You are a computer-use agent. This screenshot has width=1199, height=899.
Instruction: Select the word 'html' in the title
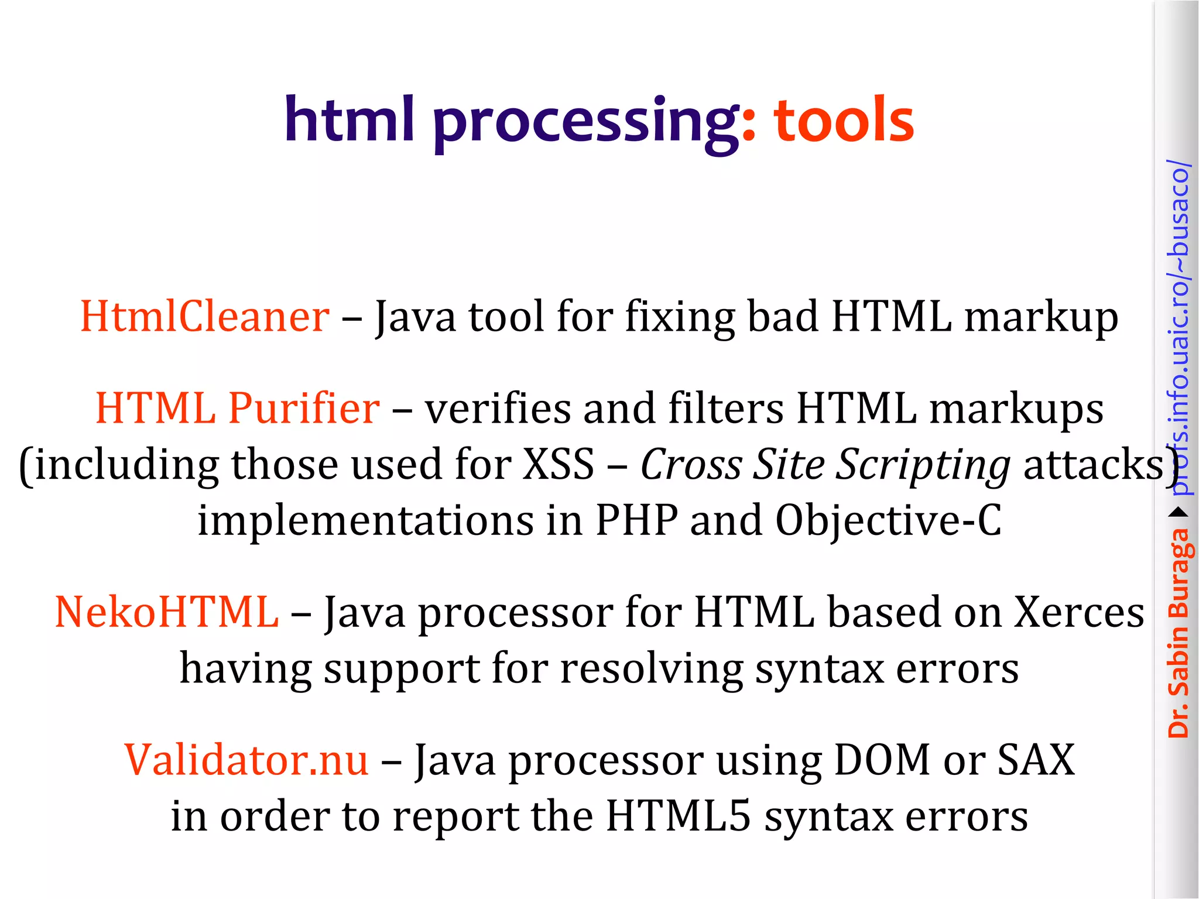click(x=350, y=119)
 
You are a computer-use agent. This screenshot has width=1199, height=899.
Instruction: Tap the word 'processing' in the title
click(x=586, y=123)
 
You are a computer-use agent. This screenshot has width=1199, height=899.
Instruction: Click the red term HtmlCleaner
click(x=204, y=317)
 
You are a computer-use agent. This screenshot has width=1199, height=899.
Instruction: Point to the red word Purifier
click(x=304, y=408)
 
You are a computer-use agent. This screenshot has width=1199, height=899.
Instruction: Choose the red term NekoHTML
click(x=167, y=612)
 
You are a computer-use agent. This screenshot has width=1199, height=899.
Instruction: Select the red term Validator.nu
click(x=246, y=760)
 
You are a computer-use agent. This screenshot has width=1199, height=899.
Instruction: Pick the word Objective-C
click(x=888, y=520)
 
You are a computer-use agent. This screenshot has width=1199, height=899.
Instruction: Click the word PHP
click(x=636, y=520)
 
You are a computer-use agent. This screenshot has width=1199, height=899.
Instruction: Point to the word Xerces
click(x=1078, y=612)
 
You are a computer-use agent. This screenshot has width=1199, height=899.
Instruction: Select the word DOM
click(x=882, y=760)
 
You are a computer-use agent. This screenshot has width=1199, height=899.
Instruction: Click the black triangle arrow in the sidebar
click(x=1179, y=513)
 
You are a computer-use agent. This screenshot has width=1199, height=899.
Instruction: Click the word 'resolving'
click(x=652, y=670)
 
